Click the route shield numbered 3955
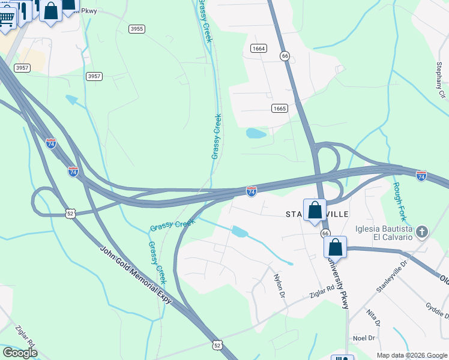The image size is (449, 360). click(x=137, y=29)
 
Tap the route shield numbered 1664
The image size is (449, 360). click(x=259, y=48)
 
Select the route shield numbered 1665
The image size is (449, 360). click(x=279, y=109)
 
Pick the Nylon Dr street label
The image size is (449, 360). click(x=279, y=283)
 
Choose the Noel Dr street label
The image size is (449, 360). click(x=363, y=338)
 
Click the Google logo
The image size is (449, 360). click(x=20, y=353)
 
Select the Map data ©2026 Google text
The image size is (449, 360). click(x=411, y=355)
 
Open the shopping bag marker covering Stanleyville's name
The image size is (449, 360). click(x=315, y=210)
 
